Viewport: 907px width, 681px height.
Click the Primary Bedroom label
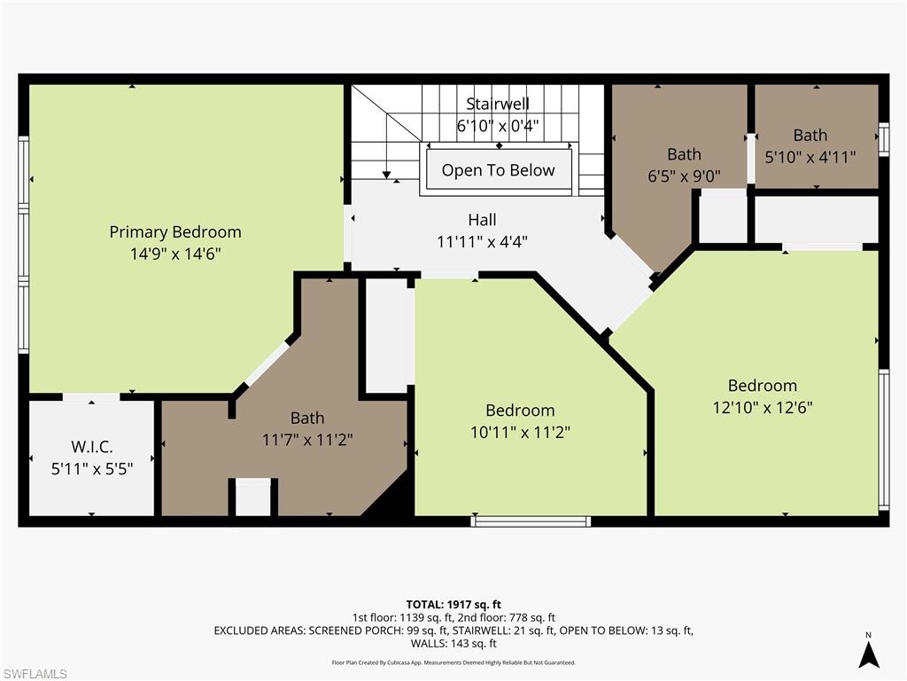(x=175, y=232)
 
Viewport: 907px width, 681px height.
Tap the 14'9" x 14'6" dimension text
(x=175, y=254)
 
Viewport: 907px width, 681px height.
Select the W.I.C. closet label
(x=92, y=446)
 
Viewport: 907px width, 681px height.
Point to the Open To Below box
(x=498, y=170)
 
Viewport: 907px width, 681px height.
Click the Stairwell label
(x=498, y=105)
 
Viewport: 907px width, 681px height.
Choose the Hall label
(x=482, y=220)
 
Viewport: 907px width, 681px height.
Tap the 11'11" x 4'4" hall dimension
(x=482, y=241)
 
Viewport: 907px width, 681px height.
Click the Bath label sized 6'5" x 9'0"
(x=684, y=155)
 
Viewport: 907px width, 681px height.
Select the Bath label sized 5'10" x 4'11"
(x=810, y=136)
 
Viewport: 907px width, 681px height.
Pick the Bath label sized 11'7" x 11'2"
(x=307, y=418)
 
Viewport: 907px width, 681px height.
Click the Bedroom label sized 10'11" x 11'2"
(x=520, y=411)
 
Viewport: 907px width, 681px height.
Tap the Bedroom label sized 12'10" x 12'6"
(x=762, y=386)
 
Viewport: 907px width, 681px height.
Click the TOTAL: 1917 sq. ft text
(x=453, y=605)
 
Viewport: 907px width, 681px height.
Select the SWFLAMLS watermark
(x=35, y=674)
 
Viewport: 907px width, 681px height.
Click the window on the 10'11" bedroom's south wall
(x=531, y=521)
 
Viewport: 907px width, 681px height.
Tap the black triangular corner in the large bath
(x=390, y=504)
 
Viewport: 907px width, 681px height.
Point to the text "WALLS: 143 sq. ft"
(x=453, y=644)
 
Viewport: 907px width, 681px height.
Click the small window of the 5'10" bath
(x=883, y=139)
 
